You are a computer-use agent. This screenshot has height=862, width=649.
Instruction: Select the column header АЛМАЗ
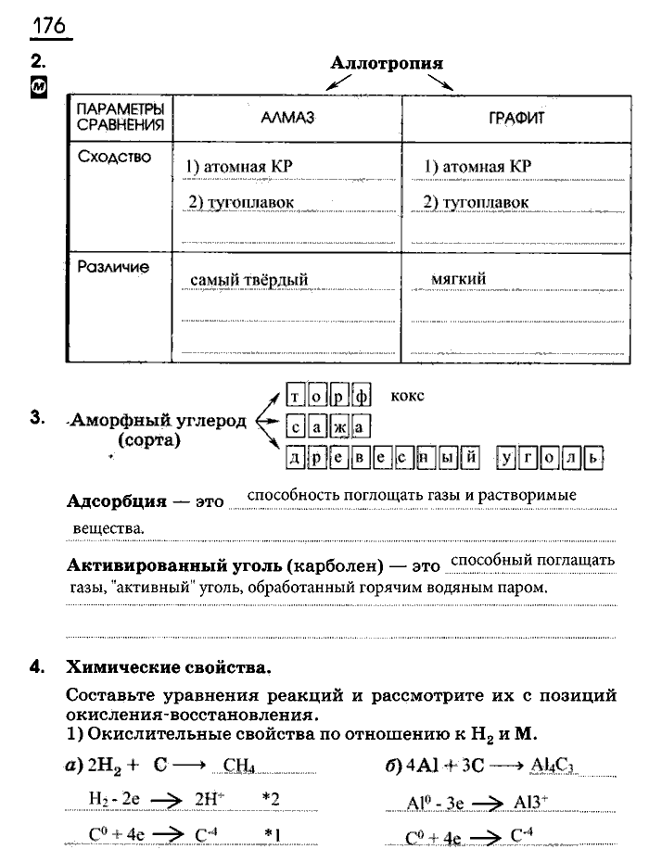(x=288, y=119)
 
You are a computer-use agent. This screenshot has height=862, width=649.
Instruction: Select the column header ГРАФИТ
(x=515, y=119)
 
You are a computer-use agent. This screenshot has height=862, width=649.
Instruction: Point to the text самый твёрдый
(x=248, y=279)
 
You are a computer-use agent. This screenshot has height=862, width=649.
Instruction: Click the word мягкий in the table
(x=458, y=278)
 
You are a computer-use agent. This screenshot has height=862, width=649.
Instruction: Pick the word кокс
(x=407, y=396)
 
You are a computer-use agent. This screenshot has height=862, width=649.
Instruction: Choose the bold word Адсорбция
(x=117, y=501)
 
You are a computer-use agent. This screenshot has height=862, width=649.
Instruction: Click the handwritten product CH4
(x=239, y=766)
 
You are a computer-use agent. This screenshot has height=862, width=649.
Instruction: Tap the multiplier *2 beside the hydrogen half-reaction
(x=272, y=798)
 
